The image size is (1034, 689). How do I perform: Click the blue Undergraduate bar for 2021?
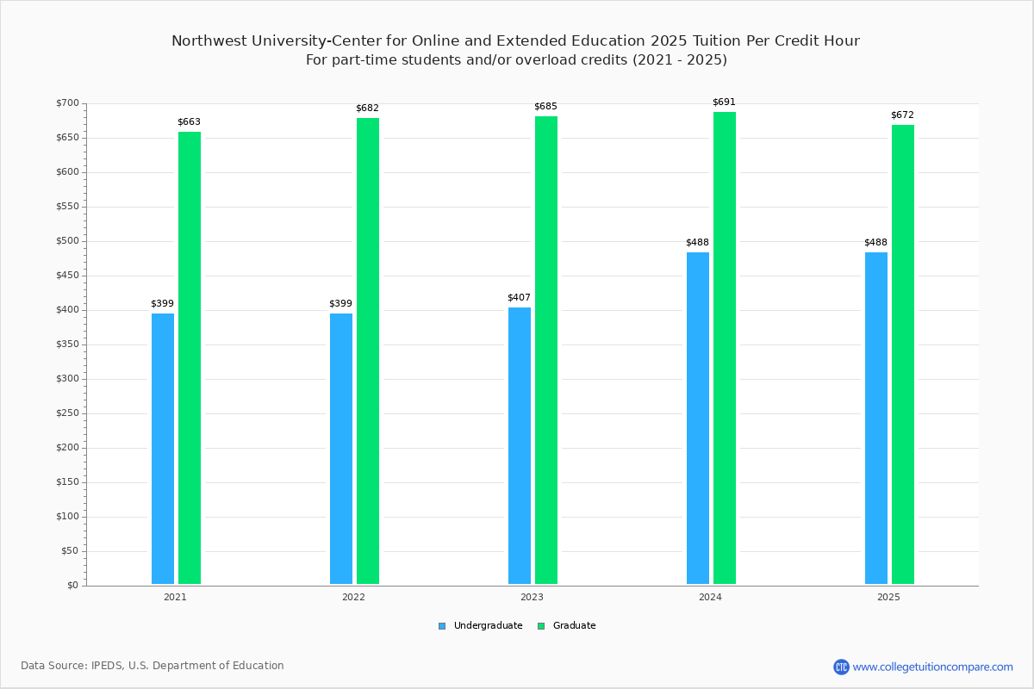(x=163, y=449)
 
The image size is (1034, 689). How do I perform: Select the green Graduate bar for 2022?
(x=368, y=351)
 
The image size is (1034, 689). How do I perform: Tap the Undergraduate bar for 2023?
(x=520, y=446)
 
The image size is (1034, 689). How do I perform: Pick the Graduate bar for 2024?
(x=725, y=348)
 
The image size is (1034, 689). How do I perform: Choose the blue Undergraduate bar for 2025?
(x=876, y=418)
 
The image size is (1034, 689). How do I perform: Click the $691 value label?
(x=724, y=102)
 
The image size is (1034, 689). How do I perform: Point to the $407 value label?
(x=519, y=298)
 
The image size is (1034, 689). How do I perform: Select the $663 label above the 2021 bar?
(x=190, y=121)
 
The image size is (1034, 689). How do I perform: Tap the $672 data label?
(x=902, y=115)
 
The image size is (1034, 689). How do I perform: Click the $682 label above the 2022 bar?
(x=367, y=108)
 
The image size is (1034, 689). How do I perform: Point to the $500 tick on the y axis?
(x=67, y=241)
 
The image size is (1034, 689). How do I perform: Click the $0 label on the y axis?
(x=73, y=585)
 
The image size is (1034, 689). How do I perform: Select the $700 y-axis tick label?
(x=67, y=102)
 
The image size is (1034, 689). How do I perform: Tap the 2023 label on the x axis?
(x=532, y=597)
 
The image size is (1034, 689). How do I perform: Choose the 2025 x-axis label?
(x=888, y=597)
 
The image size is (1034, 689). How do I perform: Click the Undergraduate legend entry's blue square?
(x=442, y=626)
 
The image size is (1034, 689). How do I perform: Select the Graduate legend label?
(x=574, y=625)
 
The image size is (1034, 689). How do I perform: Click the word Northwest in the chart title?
(x=209, y=41)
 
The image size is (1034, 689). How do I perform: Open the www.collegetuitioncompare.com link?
(x=932, y=667)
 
